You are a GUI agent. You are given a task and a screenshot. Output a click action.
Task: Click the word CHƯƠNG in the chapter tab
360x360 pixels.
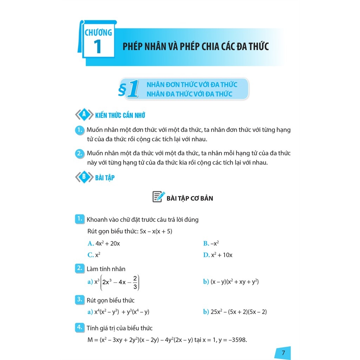point(98,33)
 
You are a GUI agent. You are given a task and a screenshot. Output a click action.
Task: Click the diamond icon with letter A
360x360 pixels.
point(84,115)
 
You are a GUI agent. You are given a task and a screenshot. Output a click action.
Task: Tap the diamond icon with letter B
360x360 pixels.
point(84,178)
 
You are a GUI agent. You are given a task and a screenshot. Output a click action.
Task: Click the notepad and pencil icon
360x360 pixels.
point(158,197)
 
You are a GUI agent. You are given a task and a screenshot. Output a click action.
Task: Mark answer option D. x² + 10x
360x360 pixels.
point(218,255)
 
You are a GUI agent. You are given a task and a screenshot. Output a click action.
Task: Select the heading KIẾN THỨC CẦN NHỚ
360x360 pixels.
point(120,115)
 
